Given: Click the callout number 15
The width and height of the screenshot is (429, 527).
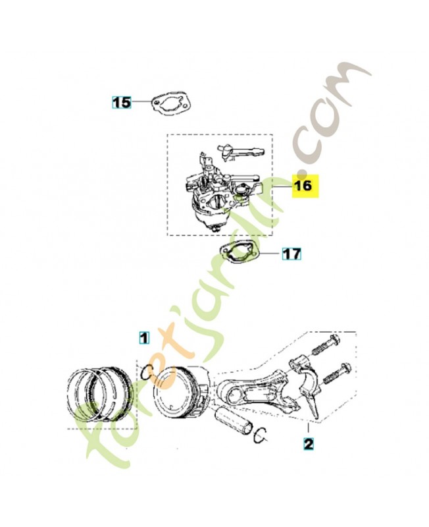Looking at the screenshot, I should click(x=122, y=102).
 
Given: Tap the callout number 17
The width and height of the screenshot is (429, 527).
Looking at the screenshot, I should click(x=292, y=253).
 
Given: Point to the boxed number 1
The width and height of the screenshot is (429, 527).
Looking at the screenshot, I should click(x=144, y=339).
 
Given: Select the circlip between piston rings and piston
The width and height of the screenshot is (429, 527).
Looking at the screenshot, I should click(x=147, y=372).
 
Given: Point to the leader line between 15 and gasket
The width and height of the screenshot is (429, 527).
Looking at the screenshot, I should click(x=141, y=102).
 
